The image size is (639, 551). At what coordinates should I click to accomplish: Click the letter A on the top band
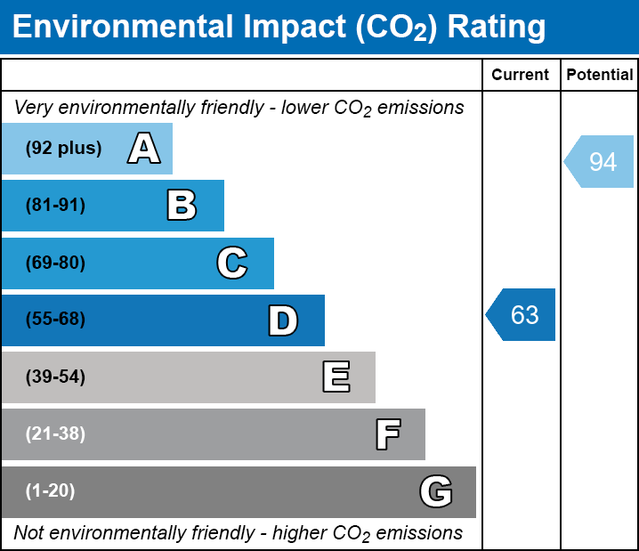(143, 149)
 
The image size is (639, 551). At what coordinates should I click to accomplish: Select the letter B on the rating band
(182, 206)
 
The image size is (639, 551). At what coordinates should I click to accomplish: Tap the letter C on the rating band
(231, 263)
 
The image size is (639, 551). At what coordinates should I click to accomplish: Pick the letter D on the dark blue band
(283, 320)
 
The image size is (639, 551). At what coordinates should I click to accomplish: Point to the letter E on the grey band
(336, 377)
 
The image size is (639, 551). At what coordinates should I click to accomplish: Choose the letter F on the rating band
(387, 434)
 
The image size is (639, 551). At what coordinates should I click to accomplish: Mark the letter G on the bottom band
(436, 491)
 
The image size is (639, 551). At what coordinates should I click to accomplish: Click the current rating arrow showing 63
(522, 315)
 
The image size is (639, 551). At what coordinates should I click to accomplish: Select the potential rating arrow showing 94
(600, 162)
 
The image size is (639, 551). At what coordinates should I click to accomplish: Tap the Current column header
(521, 76)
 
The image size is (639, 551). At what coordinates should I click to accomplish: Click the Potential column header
(600, 76)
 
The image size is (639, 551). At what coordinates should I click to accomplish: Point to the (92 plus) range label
(63, 149)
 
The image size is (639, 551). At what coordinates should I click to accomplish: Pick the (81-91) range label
(55, 206)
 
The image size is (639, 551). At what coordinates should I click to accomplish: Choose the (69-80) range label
(55, 263)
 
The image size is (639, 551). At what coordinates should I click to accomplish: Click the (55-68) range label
(55, 320)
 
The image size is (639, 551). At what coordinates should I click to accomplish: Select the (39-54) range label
(55, 377)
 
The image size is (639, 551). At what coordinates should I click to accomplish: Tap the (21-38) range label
(55, 434)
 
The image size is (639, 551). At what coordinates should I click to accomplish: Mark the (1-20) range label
(51, 491)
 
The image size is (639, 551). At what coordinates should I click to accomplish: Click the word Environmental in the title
(120, 28)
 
